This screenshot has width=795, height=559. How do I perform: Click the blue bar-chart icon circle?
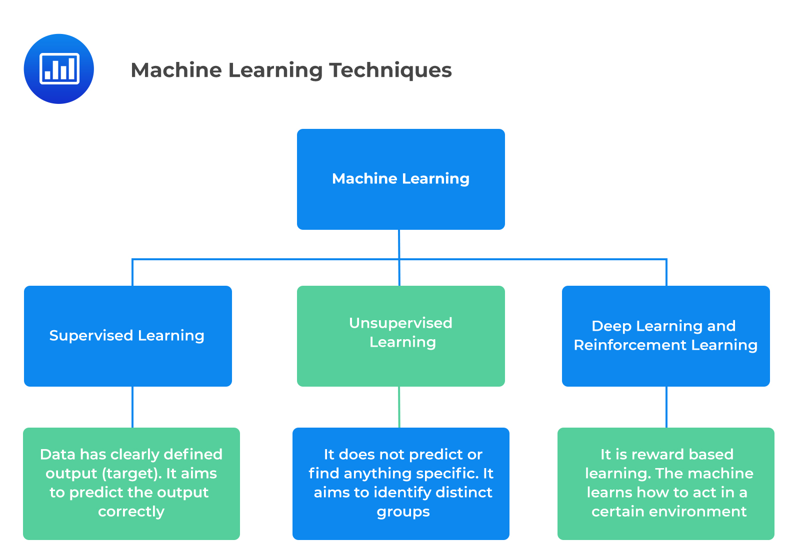(59, 69)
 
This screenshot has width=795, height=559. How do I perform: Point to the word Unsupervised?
(400, 323)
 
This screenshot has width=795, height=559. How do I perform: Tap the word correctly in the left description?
(131, 512)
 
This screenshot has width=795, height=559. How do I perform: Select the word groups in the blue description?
(403, 512)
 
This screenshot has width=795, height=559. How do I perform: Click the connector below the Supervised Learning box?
(132, 407)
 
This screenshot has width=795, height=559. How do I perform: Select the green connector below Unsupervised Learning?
(399, 407)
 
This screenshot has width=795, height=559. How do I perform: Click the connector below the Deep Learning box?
(666, 407)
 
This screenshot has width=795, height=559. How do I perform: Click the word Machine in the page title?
(176, 70)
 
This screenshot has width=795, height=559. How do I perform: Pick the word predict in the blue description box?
(440, 455)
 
